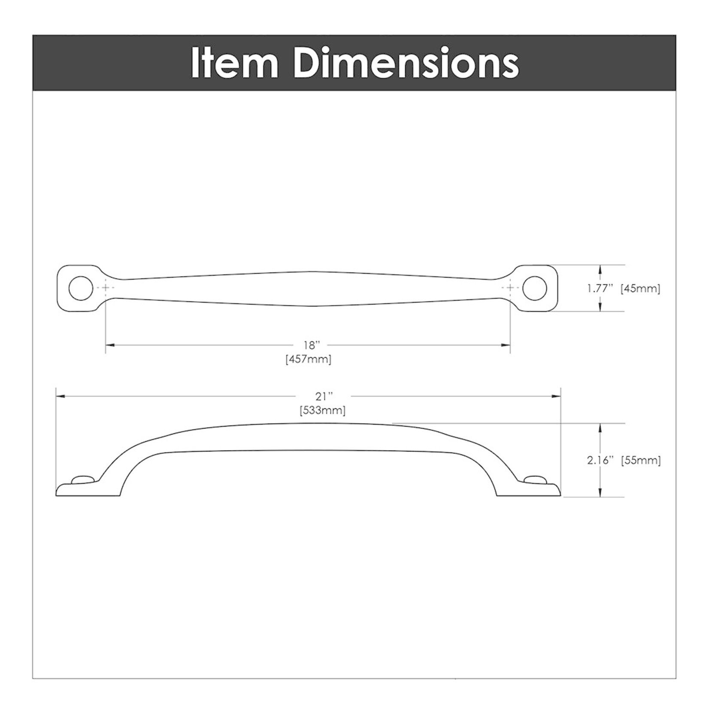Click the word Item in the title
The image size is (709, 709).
tap(234, 64)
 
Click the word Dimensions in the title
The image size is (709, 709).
tap(406, 64)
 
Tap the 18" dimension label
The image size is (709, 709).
tap(312, 345)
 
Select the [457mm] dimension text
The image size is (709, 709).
tap(309, 359)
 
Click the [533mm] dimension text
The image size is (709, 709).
tap(322, 410)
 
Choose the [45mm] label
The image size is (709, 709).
tap(640, 288)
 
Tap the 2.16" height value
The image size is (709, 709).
tap(598, 461)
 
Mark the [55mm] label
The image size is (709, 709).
tap(641, 461)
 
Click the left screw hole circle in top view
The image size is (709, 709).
tap(81, 288)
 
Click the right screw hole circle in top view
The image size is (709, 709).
tap(534, 288)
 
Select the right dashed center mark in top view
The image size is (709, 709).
tap(510, 288)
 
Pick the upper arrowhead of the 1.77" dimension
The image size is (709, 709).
tap(600, 270)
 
